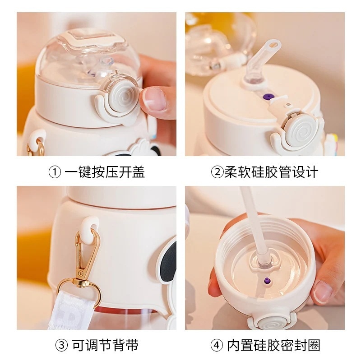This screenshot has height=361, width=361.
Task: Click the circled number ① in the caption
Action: point(55,172)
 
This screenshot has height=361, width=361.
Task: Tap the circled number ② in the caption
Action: point(217,172)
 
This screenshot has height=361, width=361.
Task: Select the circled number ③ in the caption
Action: point(61,345)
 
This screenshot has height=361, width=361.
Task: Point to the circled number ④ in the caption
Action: point(217,345)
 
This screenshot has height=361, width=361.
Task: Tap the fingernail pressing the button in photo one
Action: point(153,99)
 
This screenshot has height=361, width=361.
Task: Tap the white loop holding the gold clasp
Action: point(90,226)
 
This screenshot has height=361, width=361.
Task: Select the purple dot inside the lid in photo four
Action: point(267,280)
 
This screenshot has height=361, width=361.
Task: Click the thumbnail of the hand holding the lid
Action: point(323,292)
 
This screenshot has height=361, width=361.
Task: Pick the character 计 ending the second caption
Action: point(311,172)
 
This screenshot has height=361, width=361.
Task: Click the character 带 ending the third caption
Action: point(131,345)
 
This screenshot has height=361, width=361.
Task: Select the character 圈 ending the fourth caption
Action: point(314,345)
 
